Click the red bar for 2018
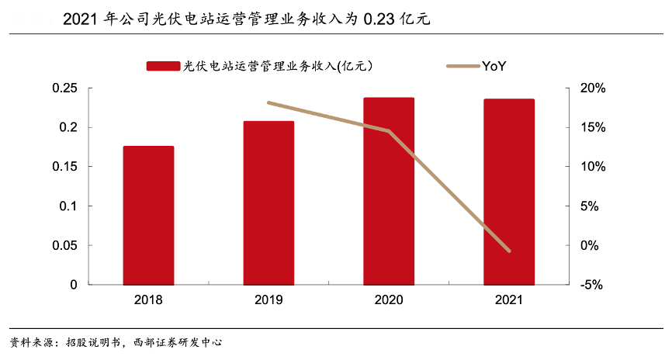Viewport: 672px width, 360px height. point(148,215)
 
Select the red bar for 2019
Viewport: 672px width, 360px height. point(268,202)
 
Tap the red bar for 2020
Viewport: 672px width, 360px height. point(389,191)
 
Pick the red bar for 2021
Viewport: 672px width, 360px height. point(509,192)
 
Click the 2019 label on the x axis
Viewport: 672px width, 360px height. point(268,299)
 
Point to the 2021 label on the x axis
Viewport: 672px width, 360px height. point(509,299)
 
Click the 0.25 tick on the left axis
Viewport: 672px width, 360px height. point(64,88)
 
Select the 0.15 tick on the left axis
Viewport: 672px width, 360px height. point(64,167)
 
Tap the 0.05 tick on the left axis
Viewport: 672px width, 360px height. point(64,245)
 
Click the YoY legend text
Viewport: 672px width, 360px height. point(494,66)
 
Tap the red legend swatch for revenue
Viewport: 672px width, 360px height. point(163,66)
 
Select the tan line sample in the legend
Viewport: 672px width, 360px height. point(462,66)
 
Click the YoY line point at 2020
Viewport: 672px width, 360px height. point(389,131)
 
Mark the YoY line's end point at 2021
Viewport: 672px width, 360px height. point(509,251)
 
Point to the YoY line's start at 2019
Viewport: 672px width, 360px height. point(268,102)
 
